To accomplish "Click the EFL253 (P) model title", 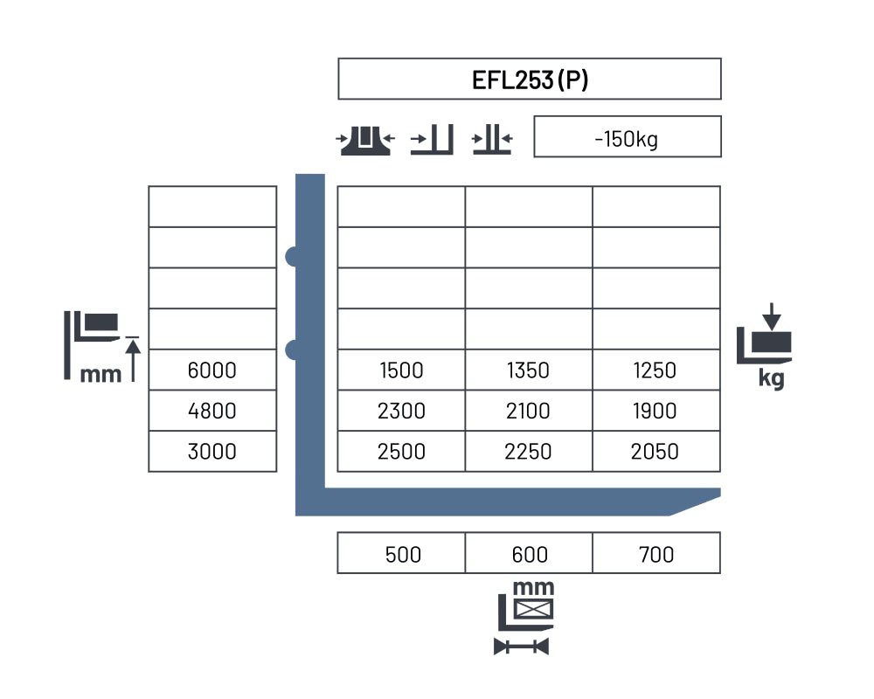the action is coord(530,80).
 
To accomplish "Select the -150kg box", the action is coord(627,137).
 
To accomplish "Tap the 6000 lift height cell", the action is coord(212,370).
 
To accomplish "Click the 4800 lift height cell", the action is coord(212,411).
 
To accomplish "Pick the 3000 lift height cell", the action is coord(212,452).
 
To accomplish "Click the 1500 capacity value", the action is coord(401,370).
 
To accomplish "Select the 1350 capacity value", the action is coord(528,370).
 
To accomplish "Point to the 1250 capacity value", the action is coord(655,370).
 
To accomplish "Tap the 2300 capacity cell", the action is coord(401,411).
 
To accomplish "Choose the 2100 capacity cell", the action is coord(529,411).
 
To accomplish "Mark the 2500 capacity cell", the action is coord(401,452).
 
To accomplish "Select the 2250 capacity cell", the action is coord(529,452).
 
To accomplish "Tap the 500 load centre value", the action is coord(403,555).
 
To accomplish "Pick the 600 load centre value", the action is coord(530,555).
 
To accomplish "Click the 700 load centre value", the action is coord(656,555).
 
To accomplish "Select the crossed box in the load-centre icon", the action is coord(533,609).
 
